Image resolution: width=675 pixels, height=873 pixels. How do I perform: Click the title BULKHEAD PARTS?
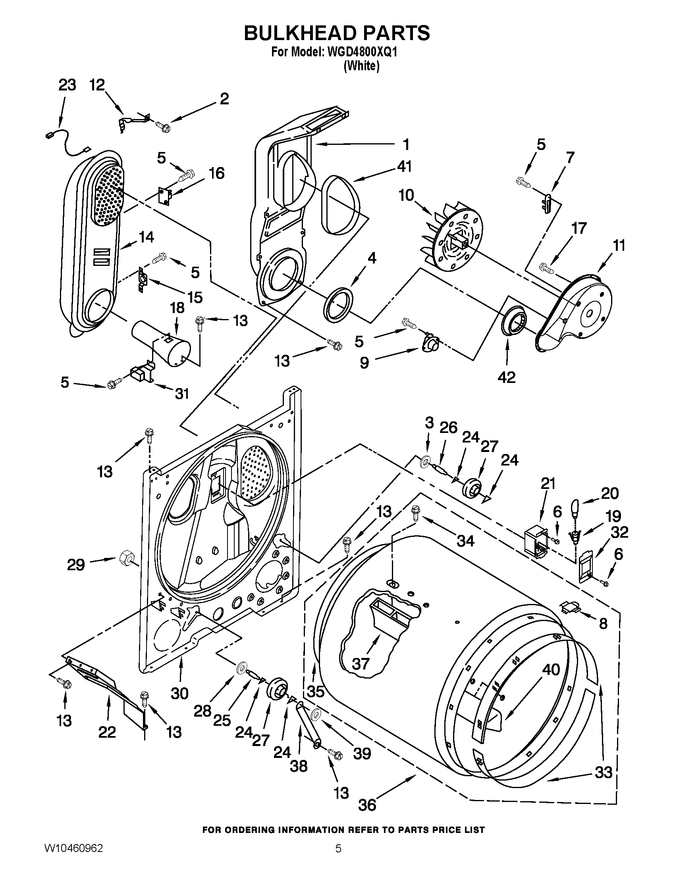337,33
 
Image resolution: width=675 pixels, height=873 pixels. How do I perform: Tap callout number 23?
67,85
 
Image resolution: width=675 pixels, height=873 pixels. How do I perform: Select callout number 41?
404,166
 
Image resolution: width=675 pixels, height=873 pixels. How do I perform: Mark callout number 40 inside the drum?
550,669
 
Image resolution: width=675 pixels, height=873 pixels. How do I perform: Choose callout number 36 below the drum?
367,805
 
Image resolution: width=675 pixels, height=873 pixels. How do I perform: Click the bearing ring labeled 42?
514,321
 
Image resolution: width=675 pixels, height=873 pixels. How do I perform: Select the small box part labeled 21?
536,538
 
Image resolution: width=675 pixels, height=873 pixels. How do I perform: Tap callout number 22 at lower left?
107,732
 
